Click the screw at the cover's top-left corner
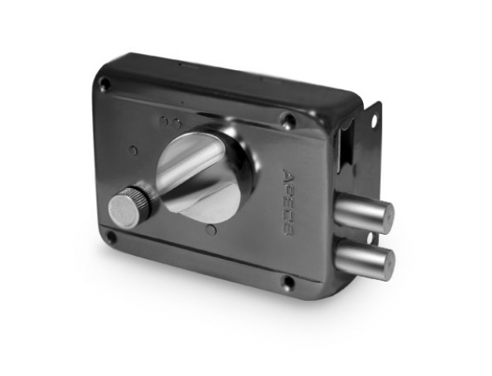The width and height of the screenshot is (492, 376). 106,83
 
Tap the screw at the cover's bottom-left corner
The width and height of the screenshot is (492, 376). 110,235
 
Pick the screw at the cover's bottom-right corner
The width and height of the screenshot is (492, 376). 289,281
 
